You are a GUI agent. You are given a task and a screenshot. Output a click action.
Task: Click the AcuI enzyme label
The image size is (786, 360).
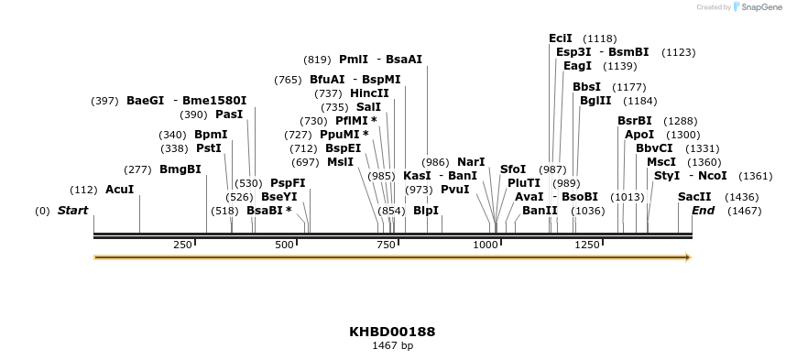(x=120, y=190)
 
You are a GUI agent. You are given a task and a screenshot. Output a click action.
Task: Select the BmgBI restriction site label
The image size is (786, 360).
(x=180, y=169)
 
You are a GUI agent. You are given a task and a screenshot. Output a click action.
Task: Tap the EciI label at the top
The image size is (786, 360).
(x=561, y=38)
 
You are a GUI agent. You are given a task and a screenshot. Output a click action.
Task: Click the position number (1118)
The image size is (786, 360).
(x=600, y=38)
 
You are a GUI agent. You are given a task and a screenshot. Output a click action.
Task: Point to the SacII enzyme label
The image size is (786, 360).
(x=694, y=197)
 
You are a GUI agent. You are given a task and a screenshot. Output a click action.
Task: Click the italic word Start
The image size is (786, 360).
(x=73, y=211)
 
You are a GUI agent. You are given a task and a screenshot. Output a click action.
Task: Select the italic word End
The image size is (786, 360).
(x=703, y=211)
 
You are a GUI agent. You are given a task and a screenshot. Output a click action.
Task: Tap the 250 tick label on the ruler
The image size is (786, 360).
(x=182, y=245)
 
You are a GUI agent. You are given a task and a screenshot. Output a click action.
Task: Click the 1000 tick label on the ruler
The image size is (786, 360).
(x=485, y=245)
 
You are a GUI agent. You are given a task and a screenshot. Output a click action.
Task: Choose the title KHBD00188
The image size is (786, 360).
(x=392, y=332)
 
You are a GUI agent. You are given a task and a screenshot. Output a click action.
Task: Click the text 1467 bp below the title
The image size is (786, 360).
(x=392, y=346)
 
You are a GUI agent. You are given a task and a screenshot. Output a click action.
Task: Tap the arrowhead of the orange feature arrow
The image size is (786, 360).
(x=686, y=257)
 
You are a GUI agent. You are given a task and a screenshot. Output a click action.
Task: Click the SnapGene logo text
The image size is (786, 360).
(x=757, y=7)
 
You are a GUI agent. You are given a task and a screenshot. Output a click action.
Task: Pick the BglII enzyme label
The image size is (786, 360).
(x=595, y=101)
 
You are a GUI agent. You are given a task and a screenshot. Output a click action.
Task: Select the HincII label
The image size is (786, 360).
(x=369, y=93)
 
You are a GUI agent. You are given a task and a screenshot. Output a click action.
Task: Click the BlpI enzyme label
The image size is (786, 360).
(x=426, y=211)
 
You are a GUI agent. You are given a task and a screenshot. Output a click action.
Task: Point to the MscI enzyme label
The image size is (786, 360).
(x=661, y=162)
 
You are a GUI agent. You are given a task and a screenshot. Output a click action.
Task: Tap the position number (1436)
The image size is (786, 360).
(x=742, y=197)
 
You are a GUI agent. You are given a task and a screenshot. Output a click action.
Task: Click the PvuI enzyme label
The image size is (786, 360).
(x=455, y=190)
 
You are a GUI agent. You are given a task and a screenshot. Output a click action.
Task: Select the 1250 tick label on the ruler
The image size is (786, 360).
(x=587, y=245)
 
